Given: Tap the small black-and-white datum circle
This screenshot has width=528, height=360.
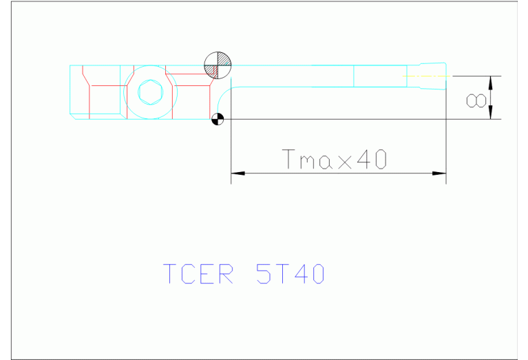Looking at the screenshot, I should click(218, 119).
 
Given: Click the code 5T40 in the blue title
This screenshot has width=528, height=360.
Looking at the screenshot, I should click(289, 274).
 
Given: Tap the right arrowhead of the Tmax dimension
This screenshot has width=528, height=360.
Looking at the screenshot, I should click(439, 173).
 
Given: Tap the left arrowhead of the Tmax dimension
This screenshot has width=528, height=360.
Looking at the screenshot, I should click(238, 173).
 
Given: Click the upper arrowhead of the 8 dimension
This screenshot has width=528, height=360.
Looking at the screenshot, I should click(491, 81).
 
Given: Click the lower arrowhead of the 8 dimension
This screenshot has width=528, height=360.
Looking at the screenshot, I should click(491, 114).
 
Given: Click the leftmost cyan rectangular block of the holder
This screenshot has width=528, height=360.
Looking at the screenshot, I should click(79, 92).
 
